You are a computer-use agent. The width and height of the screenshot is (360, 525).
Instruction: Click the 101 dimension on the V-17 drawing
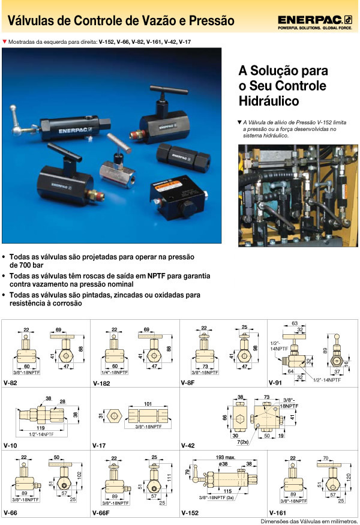click(148, 404)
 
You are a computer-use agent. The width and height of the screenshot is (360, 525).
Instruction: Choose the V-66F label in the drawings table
click(103, 514)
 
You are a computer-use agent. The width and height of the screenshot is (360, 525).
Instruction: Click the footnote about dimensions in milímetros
click(309, 521)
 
